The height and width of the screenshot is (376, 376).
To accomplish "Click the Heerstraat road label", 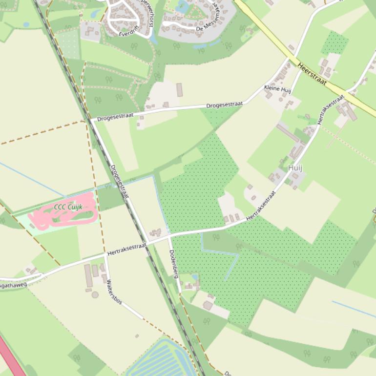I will click(311, 73).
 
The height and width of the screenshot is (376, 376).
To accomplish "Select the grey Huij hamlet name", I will click(295, 168).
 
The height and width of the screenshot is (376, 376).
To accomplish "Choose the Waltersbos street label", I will click(114, 292).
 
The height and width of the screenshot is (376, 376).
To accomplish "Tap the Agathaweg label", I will click(13, 283).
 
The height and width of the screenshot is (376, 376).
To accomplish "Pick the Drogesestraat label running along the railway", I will click(119, 181).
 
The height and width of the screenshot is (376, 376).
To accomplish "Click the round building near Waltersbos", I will click(95, 294).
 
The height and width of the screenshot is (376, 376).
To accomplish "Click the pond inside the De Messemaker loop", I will click(182, 7).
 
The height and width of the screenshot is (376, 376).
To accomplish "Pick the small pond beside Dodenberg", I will click(195, 277).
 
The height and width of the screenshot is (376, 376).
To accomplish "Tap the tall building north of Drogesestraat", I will click(179, 90).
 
